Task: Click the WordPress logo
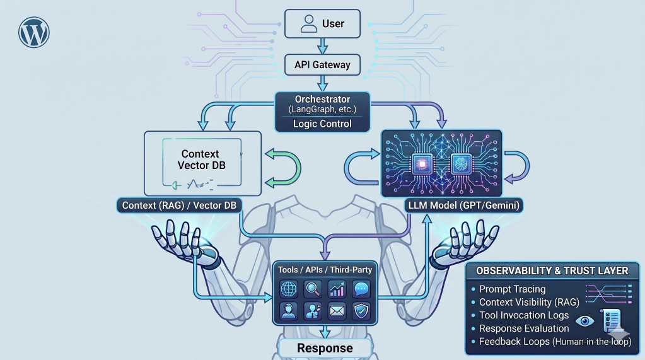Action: pyautogui.click(x=34, y=33)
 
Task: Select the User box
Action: pyautogui.click(x=322, y=24)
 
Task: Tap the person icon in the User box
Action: pyautogui.click(x=308, y=24)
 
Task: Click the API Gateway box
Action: pyautogui.click(x=322, y=64)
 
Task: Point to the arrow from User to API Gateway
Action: pyautogui.click(x=322, y=45)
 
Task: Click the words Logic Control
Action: pyautogui.click(x=322, y=124)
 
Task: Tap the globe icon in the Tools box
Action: pyautogui.click(x=289, y=289)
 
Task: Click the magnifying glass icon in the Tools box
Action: pyautogui.click(x=313, y=289)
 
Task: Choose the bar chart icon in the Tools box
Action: pyautogui.click(x=337, y=289)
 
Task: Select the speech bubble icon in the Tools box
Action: pyautogui.click(x=361, y=289)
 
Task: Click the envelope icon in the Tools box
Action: pyautogui.click(x=337, y=311)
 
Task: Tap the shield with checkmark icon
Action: pyautogui.click(x=361, y=311)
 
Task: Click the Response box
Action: pyautogui.click(x=325, y=348)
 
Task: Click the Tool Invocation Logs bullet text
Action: pyautogui.click(x=524, y=315)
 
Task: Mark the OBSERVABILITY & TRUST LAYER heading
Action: pyautogui.click(x=552, y=270)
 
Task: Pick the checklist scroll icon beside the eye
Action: pyautogui.click(x=612, y=322)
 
